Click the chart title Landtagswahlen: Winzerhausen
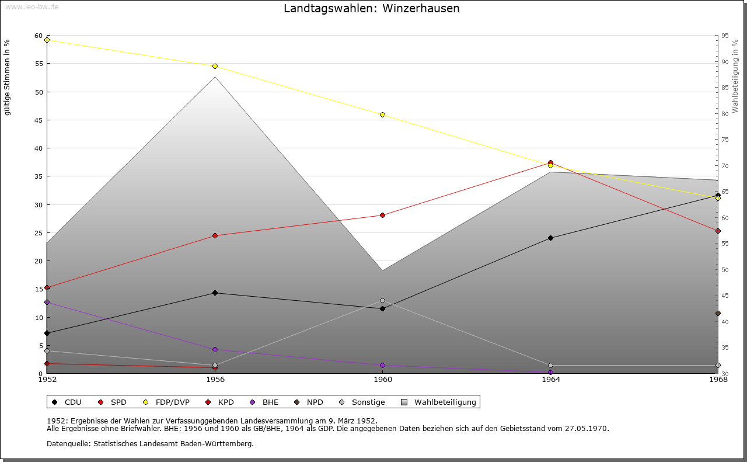point(371,9)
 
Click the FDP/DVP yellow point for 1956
point(215,66)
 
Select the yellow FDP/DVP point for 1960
point(382,114)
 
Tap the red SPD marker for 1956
point(215,235)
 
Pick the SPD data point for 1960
point(382,215)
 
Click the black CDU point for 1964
point(550,238)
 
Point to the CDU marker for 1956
point(215,293)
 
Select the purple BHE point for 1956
point(215,349)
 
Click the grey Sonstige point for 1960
point(382,300)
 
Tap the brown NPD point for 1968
point(718,313)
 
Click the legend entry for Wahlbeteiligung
point(445,402)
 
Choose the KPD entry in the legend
point(225,402)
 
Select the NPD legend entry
point(315,402)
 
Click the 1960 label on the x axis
point(383,380)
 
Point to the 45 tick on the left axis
point(39,120)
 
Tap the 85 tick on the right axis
point(725,88)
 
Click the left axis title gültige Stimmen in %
point(7,77)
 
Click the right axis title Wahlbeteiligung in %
point(735,76)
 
